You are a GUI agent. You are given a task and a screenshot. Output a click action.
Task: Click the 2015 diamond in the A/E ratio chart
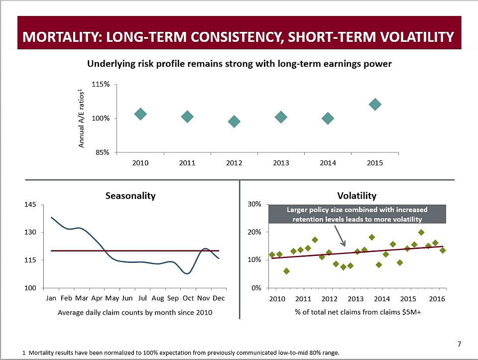pyautogui.click(x=375, y=104)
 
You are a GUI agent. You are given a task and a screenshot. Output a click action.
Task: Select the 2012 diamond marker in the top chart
pyautogui.click(x=234, y=121)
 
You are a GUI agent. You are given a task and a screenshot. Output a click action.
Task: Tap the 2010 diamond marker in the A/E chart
pyautogui.click(x=140, y=114)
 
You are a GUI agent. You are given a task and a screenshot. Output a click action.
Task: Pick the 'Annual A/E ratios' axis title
pyautogui.click(x=81, y=119)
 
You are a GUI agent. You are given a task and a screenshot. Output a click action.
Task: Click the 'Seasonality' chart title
pyautogui.click(x=130, y=196)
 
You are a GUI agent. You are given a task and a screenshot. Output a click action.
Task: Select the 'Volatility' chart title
pyautogui.click(x=357, y=196)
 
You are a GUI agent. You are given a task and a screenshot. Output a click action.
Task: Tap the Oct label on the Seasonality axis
pyautogui.click(x=188, y=298)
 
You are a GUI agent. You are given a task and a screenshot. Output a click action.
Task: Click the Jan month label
pyautogui.click(x=51, y=298)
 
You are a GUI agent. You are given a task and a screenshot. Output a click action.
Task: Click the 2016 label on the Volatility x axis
pyautogui.click(x=437, y=299)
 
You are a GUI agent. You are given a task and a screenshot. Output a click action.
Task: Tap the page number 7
pyautogui.click(x=459, y=344)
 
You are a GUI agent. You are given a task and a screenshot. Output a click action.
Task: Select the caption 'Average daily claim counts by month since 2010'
pyautogui.click(x=135, y=313)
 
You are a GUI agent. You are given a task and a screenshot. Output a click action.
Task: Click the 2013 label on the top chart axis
pyautogui.click(x=281, y=163)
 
